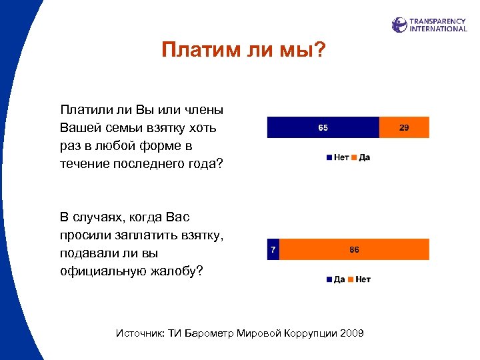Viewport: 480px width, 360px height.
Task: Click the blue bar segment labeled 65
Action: [x=323, y=127]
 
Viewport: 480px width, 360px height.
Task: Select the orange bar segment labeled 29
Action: [x=404, y=127]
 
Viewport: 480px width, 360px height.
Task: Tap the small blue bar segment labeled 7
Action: [x=272, y=249]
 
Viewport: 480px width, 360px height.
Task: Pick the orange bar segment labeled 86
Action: [x=353, y=249]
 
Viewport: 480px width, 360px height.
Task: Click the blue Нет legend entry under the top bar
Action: [x=337, y=157]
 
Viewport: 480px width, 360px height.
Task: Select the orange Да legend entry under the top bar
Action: [x=361, y=157]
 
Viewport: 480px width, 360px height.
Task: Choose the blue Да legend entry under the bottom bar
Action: [x=335, y=279]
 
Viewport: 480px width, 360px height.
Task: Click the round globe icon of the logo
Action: [x=399, y=25]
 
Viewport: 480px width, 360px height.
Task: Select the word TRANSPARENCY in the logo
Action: [x=438, y=21]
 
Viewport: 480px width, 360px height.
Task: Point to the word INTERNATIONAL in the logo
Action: [x=438, y=29]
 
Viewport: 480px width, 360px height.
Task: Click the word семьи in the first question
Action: [x=126, y=127]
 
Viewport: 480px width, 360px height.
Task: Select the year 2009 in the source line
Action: [x=351, y=333]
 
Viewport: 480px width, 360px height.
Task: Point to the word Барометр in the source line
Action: [x=207, y=333]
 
